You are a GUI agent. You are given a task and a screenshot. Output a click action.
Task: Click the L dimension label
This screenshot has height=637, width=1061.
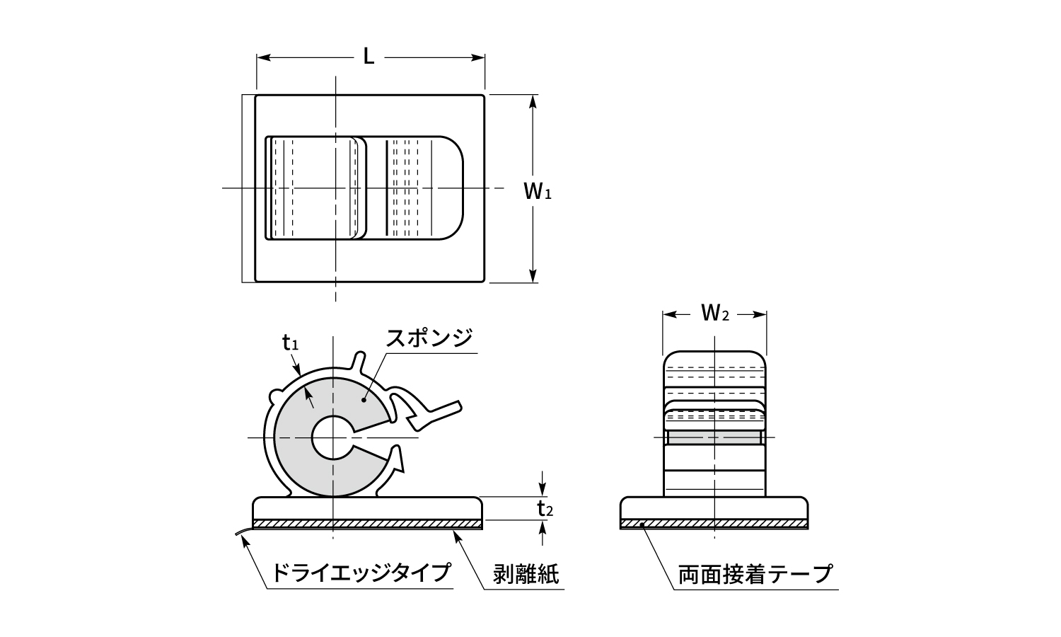(369, 57)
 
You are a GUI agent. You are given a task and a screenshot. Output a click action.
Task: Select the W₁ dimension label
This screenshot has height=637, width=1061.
(537, 190)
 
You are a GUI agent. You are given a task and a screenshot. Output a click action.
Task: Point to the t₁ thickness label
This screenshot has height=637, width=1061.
(290, 344)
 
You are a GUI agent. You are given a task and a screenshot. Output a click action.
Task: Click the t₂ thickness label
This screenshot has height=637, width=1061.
(544, 508)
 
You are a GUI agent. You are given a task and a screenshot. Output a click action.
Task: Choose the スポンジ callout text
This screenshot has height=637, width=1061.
(429, 338)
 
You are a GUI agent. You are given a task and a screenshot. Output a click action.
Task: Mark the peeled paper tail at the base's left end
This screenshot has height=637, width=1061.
(243, 532)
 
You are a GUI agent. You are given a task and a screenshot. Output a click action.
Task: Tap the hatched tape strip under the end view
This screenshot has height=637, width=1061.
(714, 524)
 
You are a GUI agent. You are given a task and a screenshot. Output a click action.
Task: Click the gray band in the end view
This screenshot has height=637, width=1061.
(714, 439)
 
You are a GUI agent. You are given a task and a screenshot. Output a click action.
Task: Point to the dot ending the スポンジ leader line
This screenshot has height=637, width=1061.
(363, 401)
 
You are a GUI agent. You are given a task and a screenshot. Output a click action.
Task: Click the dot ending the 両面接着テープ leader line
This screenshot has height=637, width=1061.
(642, 524)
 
